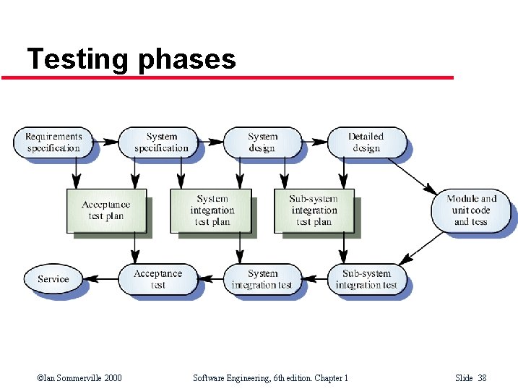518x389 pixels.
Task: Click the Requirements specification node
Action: click(53, 142)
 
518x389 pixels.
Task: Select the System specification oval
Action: click(160, 142)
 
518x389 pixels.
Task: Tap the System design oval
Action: click(262, 142)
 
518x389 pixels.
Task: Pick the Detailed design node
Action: click(366, 142)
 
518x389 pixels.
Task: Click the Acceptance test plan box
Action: click(106, 210)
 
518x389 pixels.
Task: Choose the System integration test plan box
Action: click(212, 210)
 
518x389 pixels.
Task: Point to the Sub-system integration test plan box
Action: click(314, 210)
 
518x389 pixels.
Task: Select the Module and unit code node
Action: click(471, 210)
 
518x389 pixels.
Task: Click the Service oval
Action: click(53, 279)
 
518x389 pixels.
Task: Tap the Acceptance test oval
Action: click(157, 279)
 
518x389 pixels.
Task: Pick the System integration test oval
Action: click(262, 279)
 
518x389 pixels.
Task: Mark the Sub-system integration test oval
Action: click(366, 279)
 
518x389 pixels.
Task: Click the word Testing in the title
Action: click(77, 59)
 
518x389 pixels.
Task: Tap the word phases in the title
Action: click(187, 59)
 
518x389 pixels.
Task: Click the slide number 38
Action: click(482, 378)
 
